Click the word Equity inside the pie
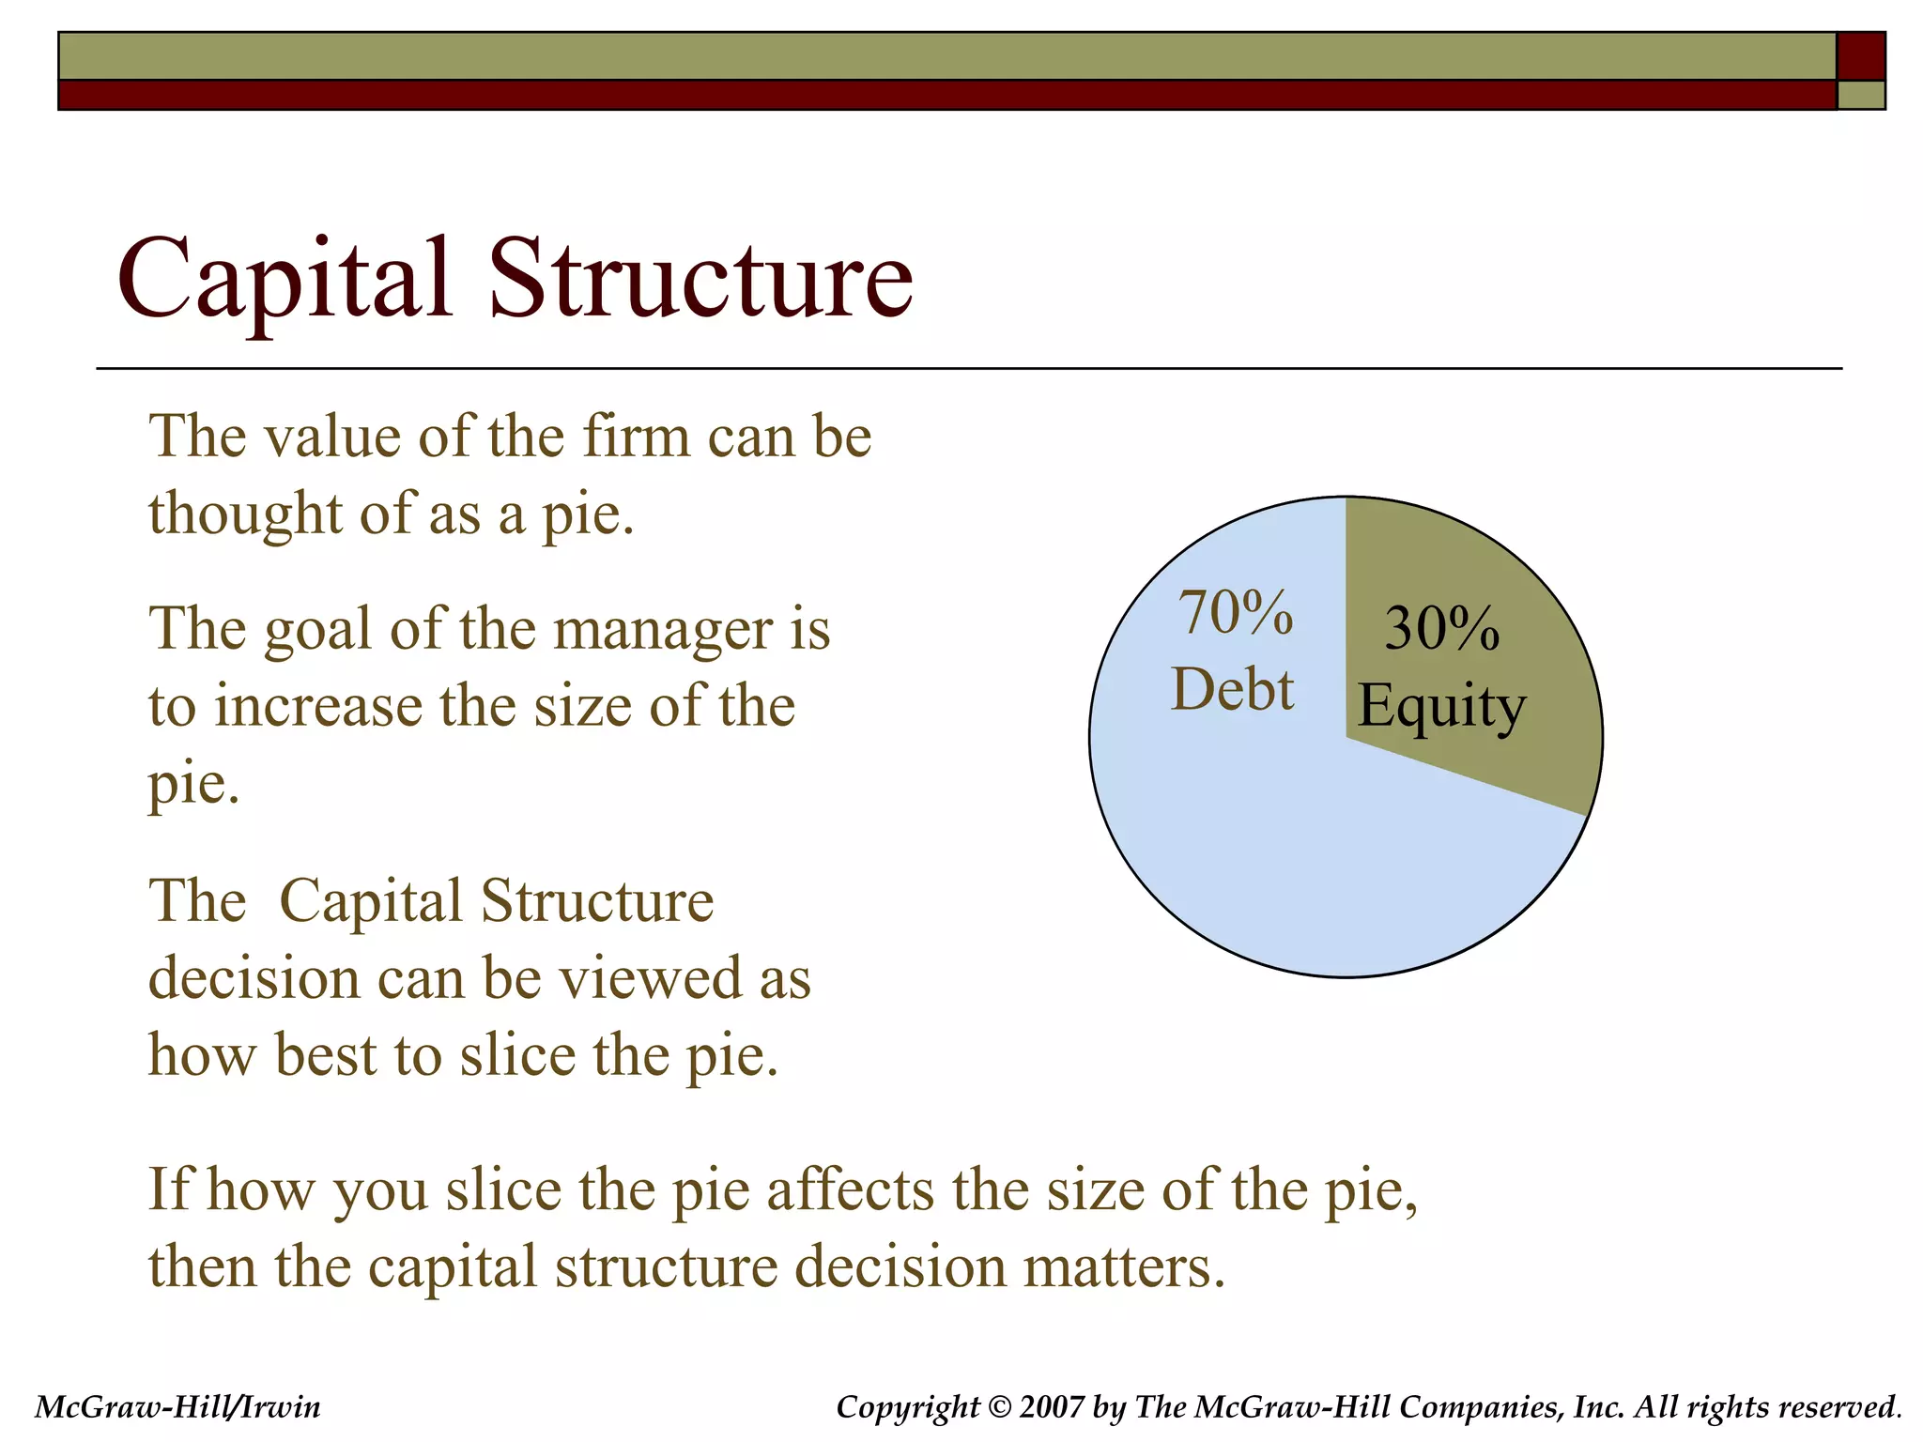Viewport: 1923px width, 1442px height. pyautogui.click(x=1441, y=706)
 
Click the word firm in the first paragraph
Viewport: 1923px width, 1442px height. pyautogui.click(x=636, y=437)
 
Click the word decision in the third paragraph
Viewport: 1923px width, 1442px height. pyautogui.click(x=254, y=978)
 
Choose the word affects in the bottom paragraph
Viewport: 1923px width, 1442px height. pyautogui.click(x=850, y=1189)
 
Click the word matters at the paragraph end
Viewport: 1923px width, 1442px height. pyautogui.click(x=1123, y=1266)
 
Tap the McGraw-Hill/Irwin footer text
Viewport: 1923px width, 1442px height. pyautogui.click(x=177, y=1406)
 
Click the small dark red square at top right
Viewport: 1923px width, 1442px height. pyautogui.click(x=1860, y=56)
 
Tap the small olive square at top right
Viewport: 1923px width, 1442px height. pyautogui.click(x=1860, y=95)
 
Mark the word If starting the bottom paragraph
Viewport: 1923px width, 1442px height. pyautogui.click(x=168, y=1189)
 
